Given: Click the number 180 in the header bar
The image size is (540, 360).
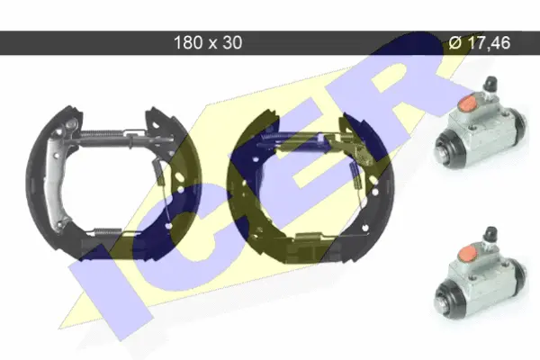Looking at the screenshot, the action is (188, 42).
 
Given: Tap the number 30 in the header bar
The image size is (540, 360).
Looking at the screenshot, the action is (232, 42).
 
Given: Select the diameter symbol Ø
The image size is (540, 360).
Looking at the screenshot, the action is (454, 42).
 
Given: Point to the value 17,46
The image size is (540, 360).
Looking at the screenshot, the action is (489, 42).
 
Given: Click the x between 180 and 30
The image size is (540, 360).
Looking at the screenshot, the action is (211, 44).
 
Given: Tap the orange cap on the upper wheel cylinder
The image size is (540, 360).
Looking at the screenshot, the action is (467, 103).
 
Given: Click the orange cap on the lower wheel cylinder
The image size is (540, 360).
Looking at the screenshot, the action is (467, 253).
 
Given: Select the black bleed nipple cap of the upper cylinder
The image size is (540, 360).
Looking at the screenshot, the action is (490, 83).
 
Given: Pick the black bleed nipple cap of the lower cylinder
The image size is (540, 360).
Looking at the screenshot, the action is (490, 234).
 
